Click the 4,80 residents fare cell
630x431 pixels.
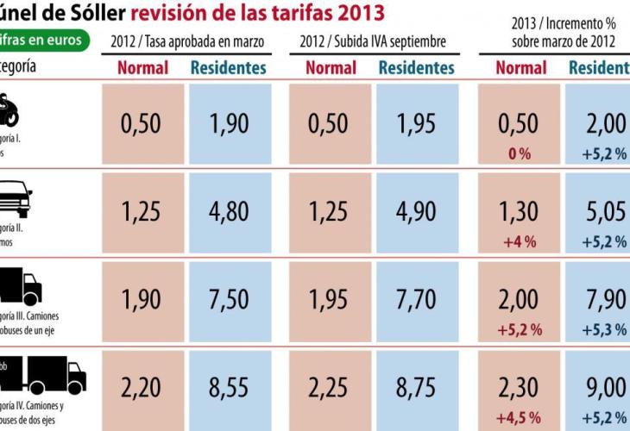point(229,211)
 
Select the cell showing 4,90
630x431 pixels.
point(417,211)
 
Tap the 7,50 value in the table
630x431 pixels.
point(229,299)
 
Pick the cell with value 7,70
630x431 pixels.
point(417,299)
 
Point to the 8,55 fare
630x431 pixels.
point(229,388)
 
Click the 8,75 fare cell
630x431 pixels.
point(417,388)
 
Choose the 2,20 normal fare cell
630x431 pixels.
point(141,388)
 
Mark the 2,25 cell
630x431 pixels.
point(329,388)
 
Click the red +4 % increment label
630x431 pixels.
point(520,242)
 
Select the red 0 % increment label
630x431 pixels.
point(520,153)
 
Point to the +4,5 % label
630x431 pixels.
point(520,418)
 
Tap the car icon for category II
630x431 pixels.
point(15,200)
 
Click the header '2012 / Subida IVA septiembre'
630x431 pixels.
point(374,41)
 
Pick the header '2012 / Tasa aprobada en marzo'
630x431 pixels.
point(187,41)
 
